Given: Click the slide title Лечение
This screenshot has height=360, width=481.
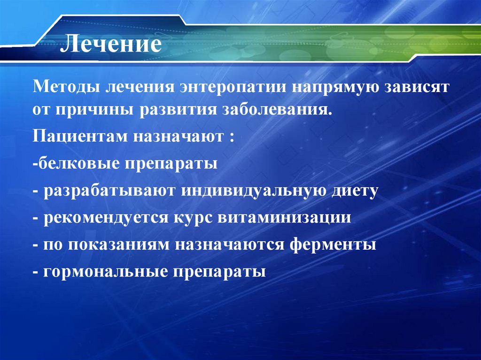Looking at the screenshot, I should coord(113,46).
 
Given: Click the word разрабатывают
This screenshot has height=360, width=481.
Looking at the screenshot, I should coord(110,191).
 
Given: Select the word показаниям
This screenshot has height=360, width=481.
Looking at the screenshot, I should coord(121,245).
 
